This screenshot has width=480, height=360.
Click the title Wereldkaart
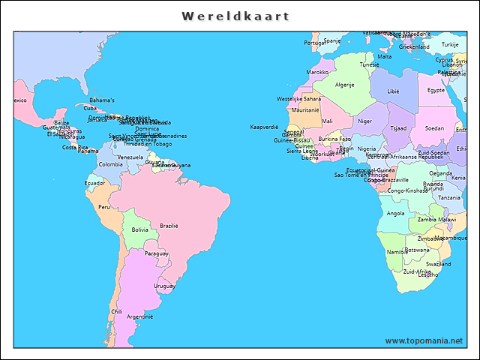(x=235, y=16)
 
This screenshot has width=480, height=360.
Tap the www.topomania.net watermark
(x=424, y=340)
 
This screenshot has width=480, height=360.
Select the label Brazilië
(x=169, y=226)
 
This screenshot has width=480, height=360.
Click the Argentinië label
(x=139, y=316)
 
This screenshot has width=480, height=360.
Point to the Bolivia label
(x=140, y=229)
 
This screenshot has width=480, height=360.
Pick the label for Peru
(x=104, y=207)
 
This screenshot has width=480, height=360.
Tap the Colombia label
(x=110, y=164)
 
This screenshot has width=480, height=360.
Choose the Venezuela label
(x=130, y=157)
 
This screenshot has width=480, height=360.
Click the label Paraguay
(x=156, y=253)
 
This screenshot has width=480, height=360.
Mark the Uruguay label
(x=164, y=286)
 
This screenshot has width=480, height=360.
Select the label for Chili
(x=116, y=311)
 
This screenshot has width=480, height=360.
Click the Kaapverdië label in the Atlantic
(x=264, y=127)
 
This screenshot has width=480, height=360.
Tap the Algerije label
(x=344, y=85)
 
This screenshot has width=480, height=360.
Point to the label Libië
(x=393, y=91)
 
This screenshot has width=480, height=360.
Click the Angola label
(x=395, y=213)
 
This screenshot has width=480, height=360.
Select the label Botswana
(x=417, y=250)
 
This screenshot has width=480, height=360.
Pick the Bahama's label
(x=102, y=100)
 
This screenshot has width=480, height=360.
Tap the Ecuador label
(x=94, y=183)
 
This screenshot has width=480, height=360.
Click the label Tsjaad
(x=398, y=127)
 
